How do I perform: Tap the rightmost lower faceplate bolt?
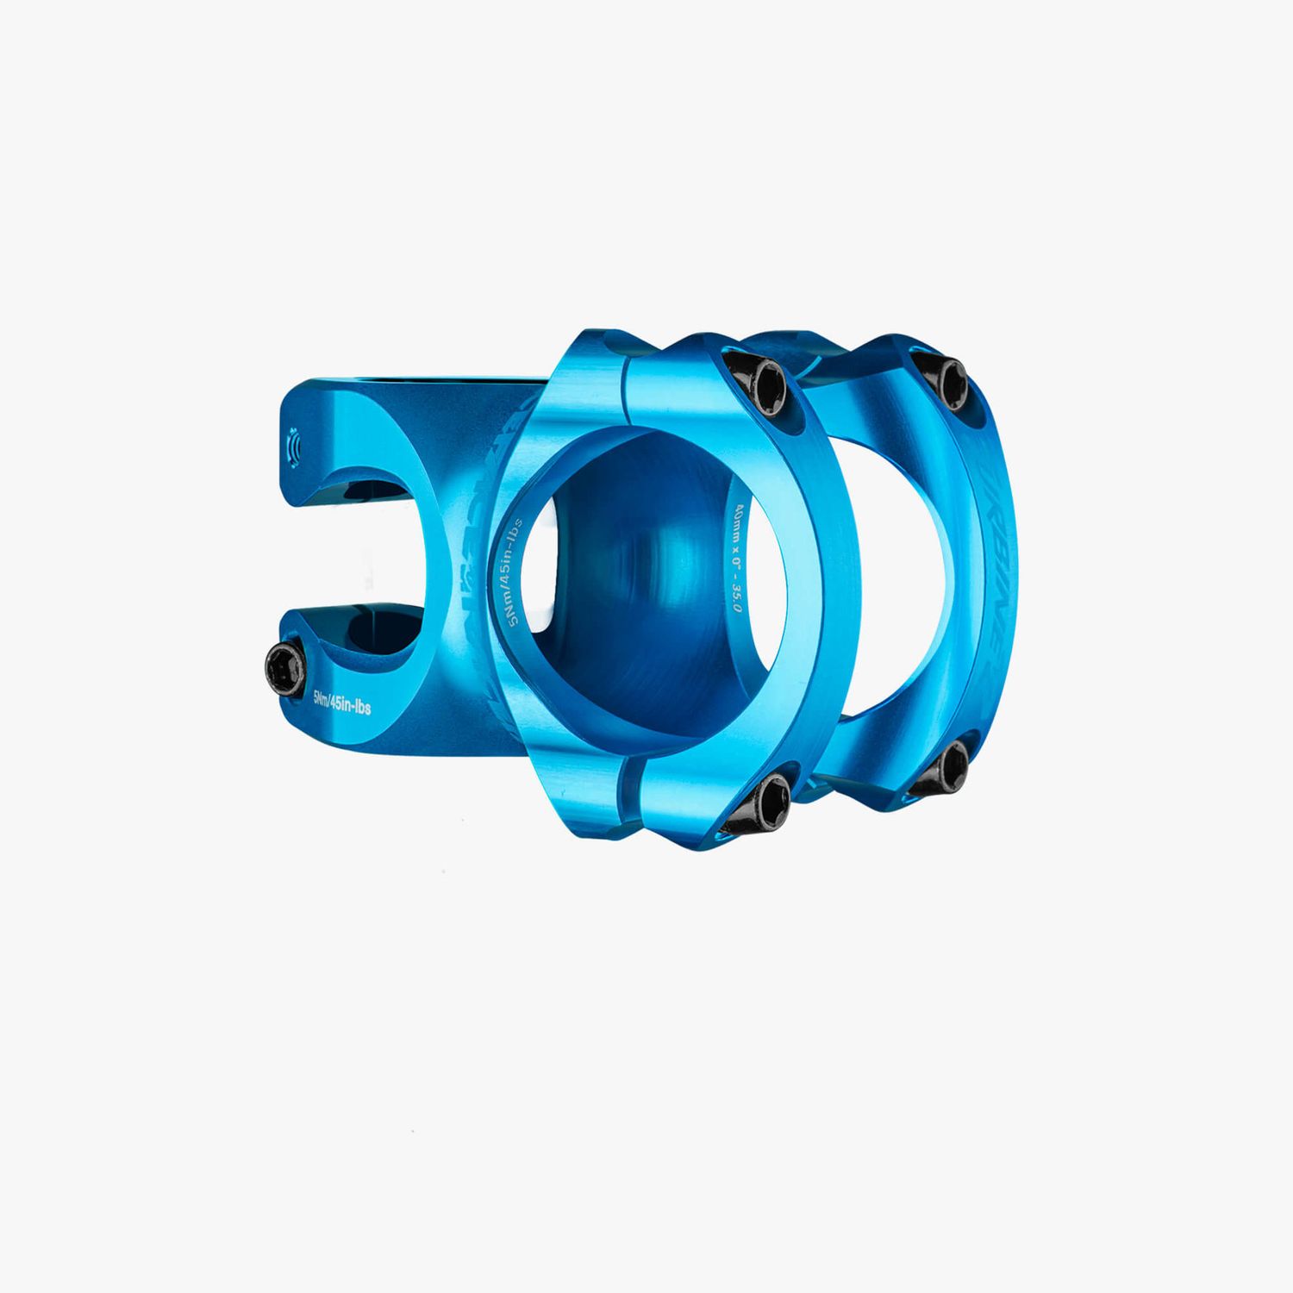click(x=951, y=764)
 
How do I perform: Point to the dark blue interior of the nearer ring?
click(x=646, y=603)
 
